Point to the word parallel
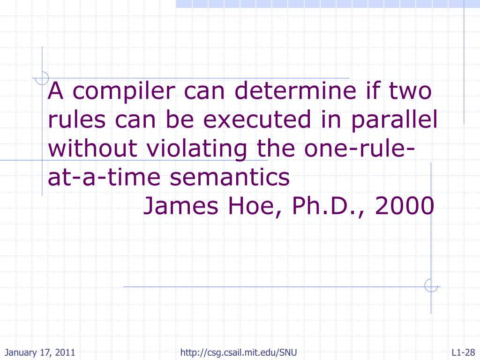(x=391, y=120)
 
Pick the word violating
(x=197, y=149)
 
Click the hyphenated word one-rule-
(x=358, y=149)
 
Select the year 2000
(x=404, y=206)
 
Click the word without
(x=92, y=149)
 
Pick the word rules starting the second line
(x=76, y=120)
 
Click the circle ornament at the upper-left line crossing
(x=43, y=78)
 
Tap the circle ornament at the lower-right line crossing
(x=430, y=286)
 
